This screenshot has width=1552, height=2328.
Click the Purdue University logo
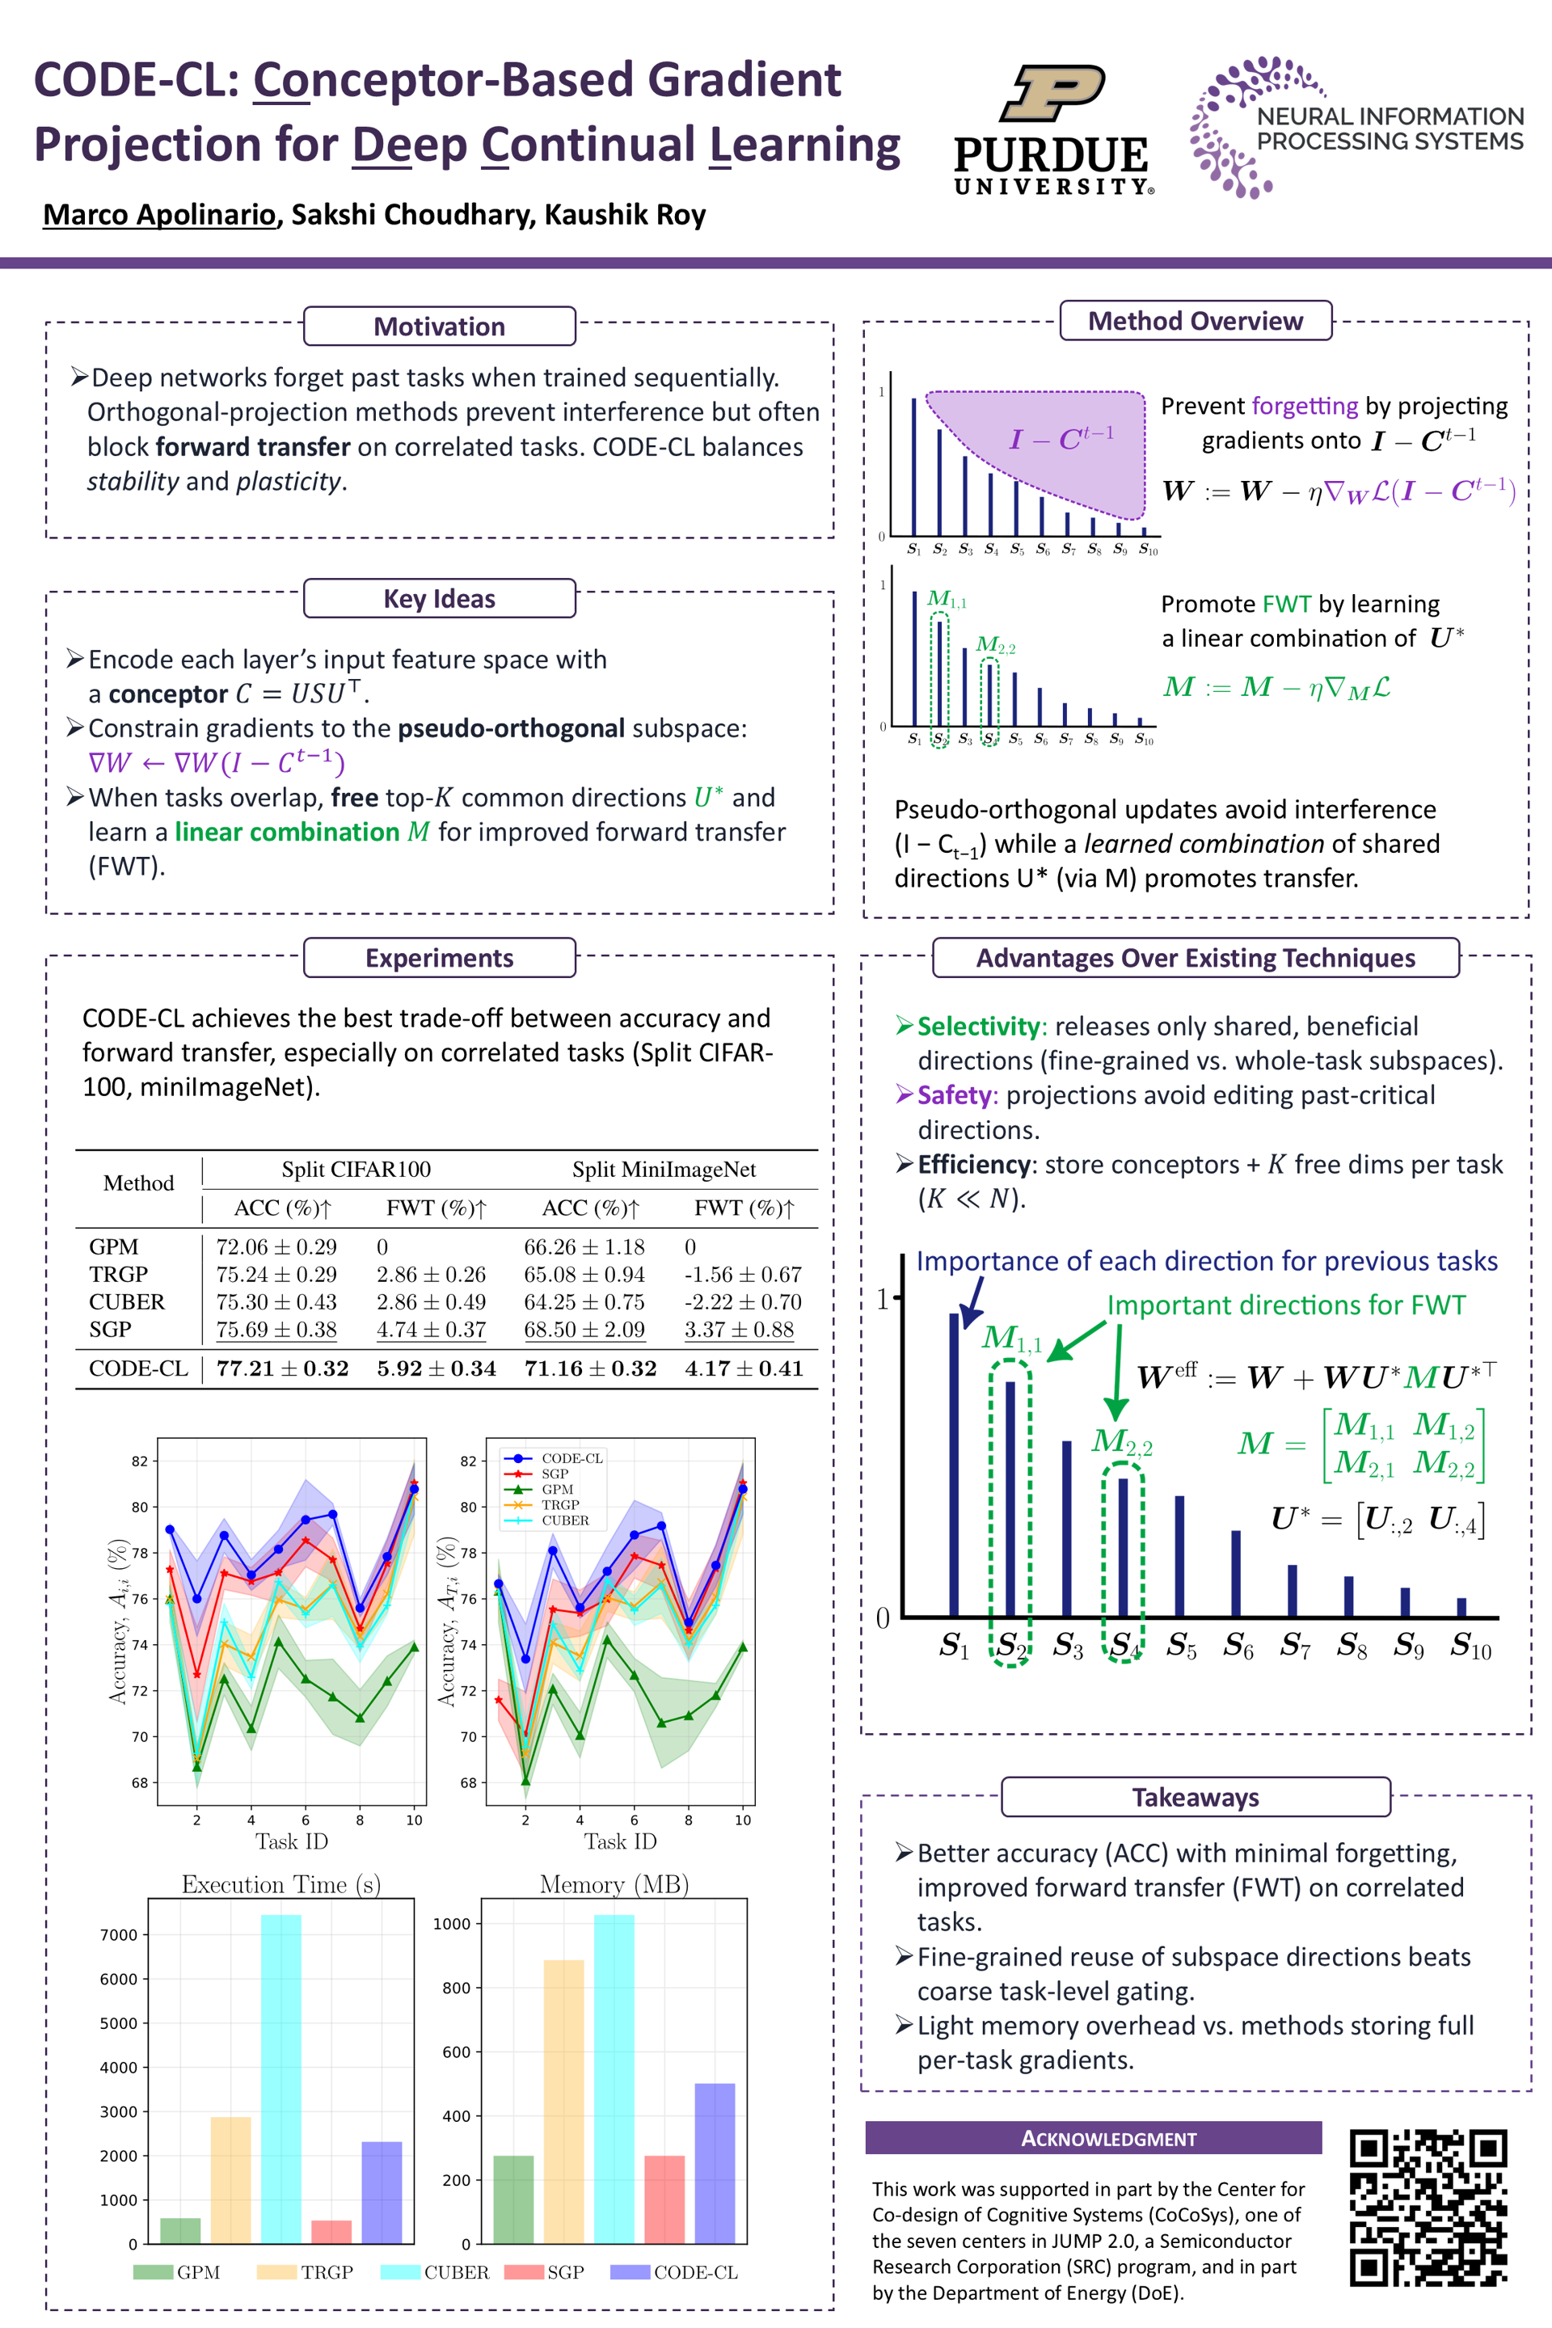[1052, 129]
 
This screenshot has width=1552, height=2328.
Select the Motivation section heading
[440, 327]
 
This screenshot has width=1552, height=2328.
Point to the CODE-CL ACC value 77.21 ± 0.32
[282, 1368]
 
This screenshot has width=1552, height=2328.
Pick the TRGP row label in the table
[118, 1274]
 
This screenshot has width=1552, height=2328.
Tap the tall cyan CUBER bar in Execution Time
[281, 2078]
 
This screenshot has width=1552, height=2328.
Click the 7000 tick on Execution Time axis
[119, 1935]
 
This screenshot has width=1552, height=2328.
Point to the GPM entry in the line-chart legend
[557, 1489]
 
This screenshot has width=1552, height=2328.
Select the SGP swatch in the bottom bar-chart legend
[524, 2271]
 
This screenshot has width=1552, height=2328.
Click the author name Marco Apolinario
[159, 215]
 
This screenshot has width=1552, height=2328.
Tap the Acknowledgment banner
[1093, 2138]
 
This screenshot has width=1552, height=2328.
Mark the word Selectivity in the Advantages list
[978, 1027]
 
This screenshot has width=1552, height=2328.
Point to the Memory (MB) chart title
[614, 1883]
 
